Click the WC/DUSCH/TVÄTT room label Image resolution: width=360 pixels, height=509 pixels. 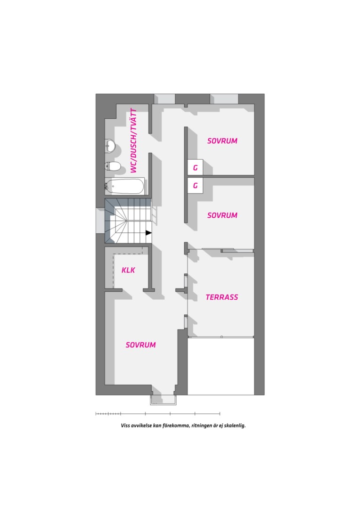point(133,140)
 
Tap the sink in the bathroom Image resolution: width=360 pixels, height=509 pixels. point(110,146)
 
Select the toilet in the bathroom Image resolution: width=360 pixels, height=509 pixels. point(113,166)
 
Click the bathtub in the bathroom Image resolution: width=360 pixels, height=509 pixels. point(124,186)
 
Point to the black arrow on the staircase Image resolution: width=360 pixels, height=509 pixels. point(149,233)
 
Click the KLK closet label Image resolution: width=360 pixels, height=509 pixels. point(128,270)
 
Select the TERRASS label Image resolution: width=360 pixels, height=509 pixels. point(222,297)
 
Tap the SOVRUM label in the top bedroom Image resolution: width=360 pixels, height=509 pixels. point(222,141)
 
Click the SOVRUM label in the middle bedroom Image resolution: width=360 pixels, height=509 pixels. point(222,215)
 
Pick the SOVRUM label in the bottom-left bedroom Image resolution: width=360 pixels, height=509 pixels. point(140,345)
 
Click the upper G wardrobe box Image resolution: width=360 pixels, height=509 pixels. point(195,167)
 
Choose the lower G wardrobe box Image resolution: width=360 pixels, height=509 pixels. point(195,185)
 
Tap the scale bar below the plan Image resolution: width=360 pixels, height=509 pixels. point(158,414)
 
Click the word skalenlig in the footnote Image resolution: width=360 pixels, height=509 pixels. point(235,425)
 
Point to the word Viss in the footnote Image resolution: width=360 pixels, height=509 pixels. point(125,425)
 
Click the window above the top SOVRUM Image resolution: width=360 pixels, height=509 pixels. point(224,99)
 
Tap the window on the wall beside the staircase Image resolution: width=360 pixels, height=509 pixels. point(100,221)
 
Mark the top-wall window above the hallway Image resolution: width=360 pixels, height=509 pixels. point(164,99)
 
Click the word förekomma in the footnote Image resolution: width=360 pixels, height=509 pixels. point(176,425)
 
